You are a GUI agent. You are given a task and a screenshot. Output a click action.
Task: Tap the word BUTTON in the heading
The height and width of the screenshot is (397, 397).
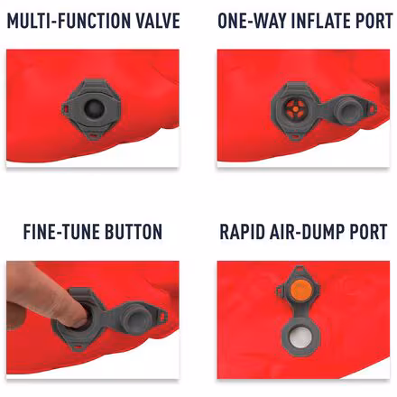[134, 232]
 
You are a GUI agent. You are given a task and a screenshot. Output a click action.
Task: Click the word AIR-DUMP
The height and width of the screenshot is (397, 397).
[310, 232]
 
